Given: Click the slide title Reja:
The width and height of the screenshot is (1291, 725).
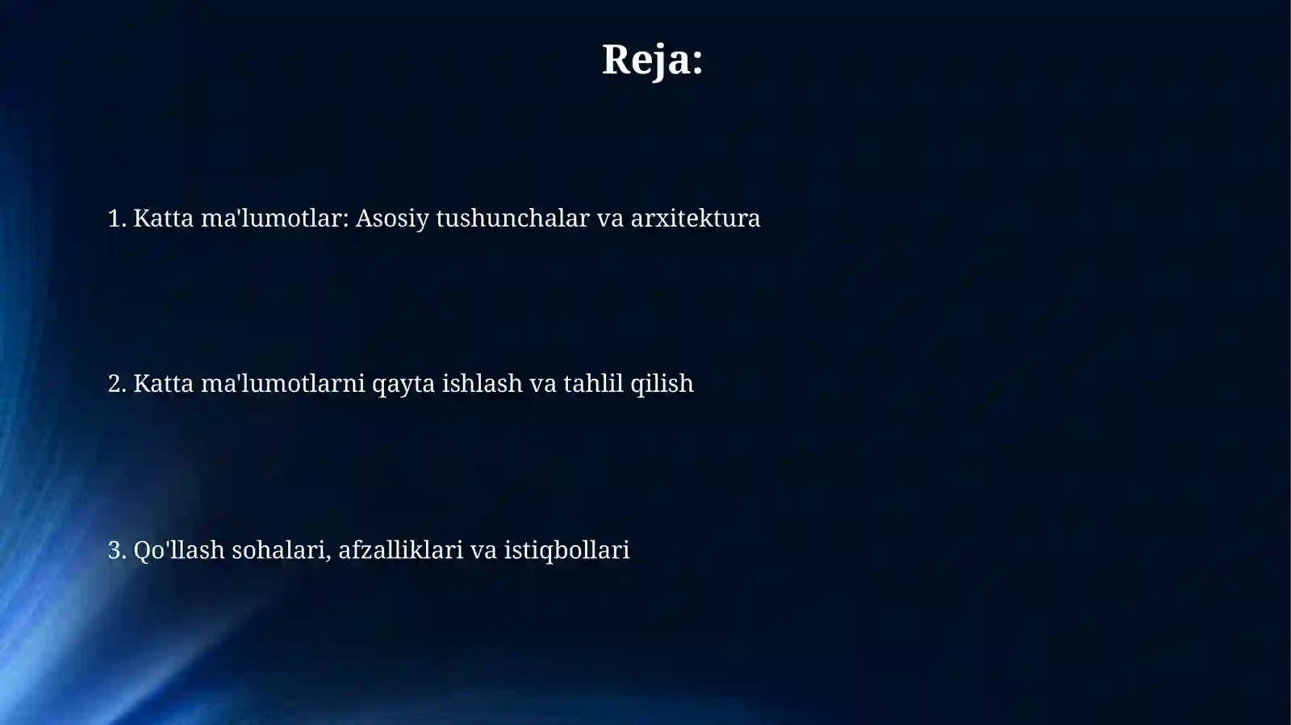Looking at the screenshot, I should (652, 60).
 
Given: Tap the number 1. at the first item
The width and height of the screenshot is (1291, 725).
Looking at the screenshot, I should (117, 219).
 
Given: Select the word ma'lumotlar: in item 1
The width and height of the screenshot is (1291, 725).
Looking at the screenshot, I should (274, 219).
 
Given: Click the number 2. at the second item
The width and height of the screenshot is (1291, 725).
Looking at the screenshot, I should (117, 384).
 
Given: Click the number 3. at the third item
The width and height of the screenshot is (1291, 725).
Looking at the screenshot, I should (117, 550).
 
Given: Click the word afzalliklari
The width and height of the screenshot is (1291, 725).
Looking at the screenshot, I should (400, 550).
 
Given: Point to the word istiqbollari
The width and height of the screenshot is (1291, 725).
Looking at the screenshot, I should (566, 551).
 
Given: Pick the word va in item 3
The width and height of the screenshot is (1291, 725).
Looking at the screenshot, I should (483, 551).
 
